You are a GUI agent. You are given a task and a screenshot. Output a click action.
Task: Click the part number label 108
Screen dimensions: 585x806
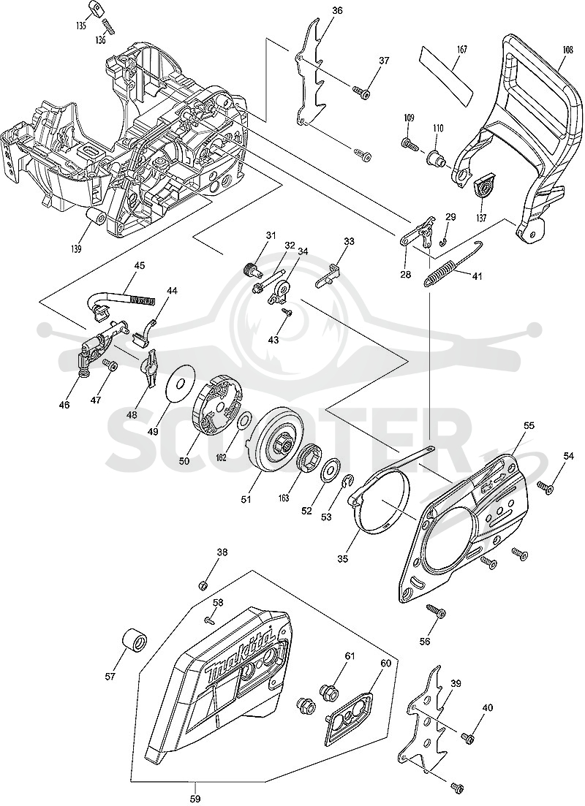(x=567, y=50)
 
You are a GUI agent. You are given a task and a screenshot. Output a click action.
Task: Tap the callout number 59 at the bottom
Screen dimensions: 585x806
(x=195, y=799)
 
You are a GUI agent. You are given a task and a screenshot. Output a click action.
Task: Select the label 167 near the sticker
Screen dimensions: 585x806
(x=462, y=50)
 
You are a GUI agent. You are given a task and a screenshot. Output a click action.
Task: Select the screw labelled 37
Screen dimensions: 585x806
(x=362, y=92)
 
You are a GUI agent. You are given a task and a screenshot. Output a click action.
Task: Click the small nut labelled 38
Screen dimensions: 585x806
(x=203, y=585)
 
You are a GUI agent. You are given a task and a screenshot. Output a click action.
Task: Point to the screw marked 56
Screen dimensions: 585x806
(x=436, y=612)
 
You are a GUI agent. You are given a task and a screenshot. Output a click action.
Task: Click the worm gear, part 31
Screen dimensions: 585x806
(x=250, y=270)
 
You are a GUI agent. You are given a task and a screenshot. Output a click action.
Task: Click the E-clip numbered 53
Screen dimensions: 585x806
(x=347, y=482)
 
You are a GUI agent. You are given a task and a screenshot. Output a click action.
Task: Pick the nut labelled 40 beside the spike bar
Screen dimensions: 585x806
(x=468, y=737)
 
